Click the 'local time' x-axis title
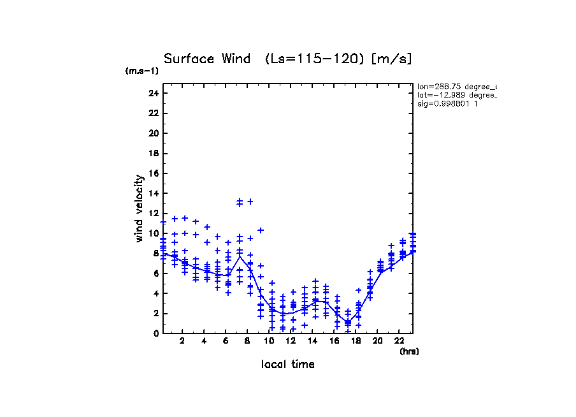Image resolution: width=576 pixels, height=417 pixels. (287, 364)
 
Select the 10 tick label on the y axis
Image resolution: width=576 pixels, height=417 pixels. (153, 233)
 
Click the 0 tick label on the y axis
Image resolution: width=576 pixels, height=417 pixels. (155, 333)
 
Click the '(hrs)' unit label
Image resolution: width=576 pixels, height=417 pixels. (409, 351)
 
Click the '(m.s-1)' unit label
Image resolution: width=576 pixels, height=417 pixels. (142, 71)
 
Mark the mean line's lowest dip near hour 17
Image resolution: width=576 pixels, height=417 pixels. (347, 323)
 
